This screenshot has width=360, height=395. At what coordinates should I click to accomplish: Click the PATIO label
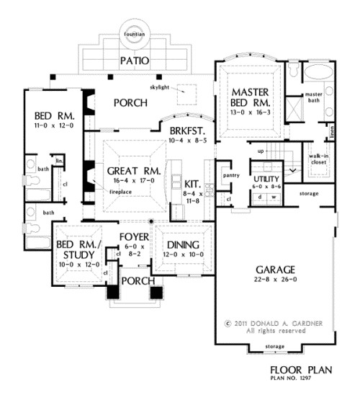pos(135,61)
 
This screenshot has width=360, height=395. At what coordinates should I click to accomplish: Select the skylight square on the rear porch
pos(188,92)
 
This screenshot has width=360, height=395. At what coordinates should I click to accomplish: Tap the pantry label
pos(232,174)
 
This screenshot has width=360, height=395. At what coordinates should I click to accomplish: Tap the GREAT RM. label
pos(127,171)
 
